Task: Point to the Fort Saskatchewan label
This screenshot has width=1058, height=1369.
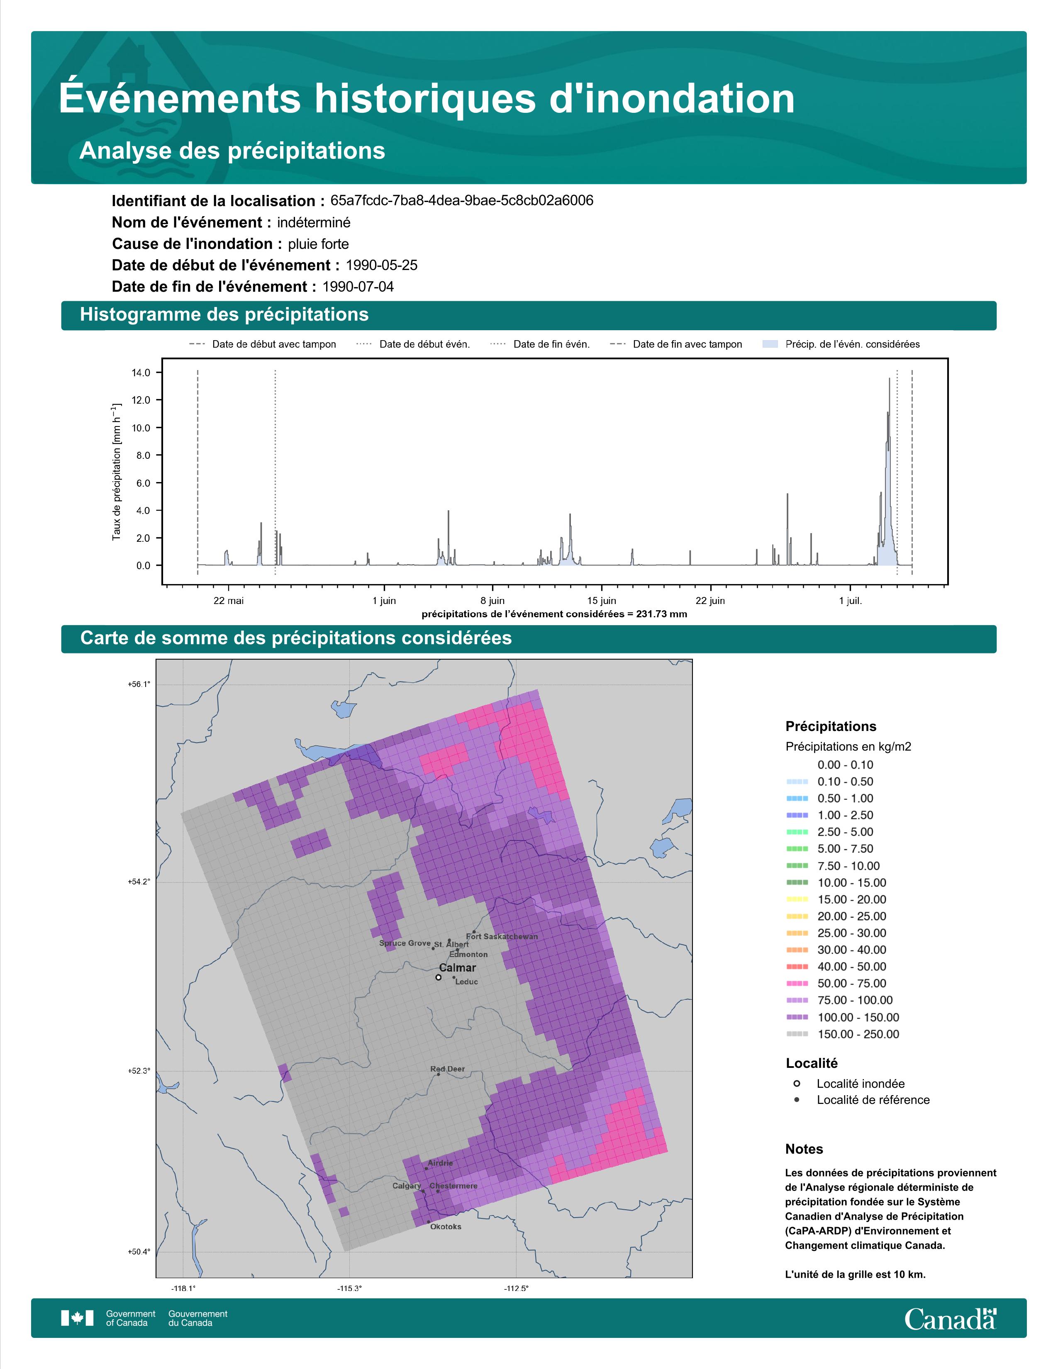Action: [x=502, y=936]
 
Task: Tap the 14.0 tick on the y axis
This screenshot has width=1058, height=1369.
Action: [x=141, y=373]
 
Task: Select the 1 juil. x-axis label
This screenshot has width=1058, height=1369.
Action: [x=851, y=601]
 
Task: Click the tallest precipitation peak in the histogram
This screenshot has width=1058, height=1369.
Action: [x=889, y=379]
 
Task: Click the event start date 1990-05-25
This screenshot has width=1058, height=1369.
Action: [x=382, y=265]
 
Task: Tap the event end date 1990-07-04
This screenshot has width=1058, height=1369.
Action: [x=358, y=287]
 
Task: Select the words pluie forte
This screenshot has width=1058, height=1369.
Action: [x=318, y=244]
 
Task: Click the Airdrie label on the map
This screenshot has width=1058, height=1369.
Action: [x=441, y=1163]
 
